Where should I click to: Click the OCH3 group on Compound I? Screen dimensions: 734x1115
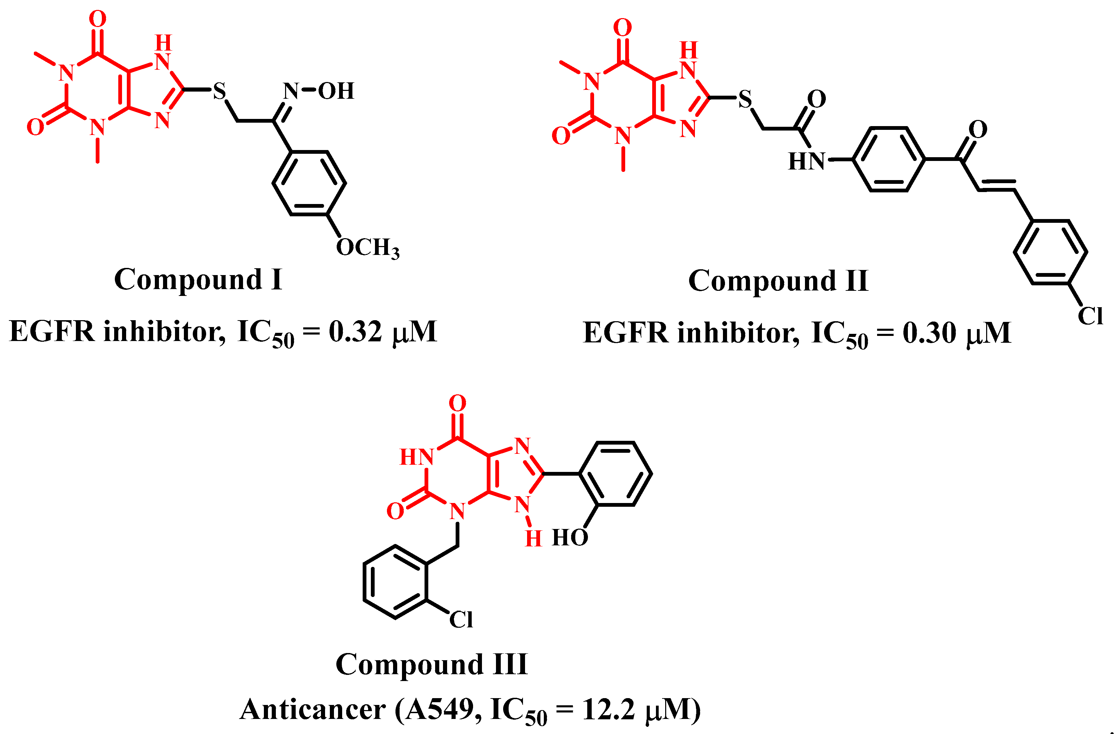368,247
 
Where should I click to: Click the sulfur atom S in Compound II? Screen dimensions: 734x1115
745,99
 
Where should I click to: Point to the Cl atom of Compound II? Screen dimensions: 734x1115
1090,316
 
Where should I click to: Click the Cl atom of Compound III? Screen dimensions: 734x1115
461,620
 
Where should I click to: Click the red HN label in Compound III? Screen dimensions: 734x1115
416,457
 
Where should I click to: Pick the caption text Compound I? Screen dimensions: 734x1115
198,280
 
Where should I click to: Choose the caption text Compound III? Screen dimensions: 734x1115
431,665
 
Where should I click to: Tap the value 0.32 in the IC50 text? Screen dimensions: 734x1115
355,332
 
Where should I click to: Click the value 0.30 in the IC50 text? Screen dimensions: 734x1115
929,333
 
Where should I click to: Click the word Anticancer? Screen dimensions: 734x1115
312,709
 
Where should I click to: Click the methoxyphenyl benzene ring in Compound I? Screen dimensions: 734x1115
309,183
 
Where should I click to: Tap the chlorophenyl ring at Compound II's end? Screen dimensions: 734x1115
1051,252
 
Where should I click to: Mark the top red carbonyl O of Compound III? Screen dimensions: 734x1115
457,403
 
